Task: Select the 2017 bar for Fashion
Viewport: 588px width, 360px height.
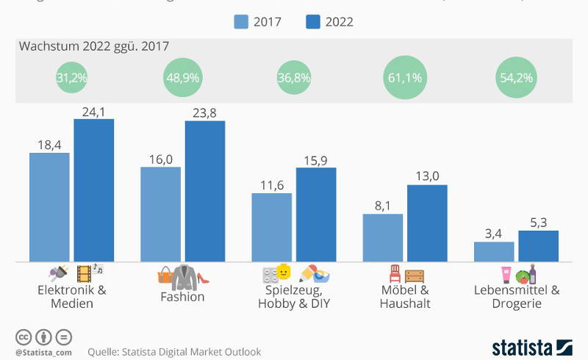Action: click(160, 214)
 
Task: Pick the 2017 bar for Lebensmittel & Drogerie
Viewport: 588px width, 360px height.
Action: click(494, 251)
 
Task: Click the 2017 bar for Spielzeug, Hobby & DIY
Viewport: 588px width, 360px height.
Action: click(271, 227)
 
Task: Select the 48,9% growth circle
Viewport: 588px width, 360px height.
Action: click(182, 77)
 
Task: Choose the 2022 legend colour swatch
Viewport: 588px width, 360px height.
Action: click(313, 21)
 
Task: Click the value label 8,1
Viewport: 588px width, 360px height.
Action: click(382, 206)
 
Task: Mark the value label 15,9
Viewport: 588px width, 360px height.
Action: click(315, 159)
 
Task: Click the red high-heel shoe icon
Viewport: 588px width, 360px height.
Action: click(204, 278)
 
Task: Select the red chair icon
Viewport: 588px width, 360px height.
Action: click(395, 274)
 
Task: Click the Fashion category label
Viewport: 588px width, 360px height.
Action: click(182, 297)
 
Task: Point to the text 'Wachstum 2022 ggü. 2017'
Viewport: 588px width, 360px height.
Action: click(94, 46)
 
